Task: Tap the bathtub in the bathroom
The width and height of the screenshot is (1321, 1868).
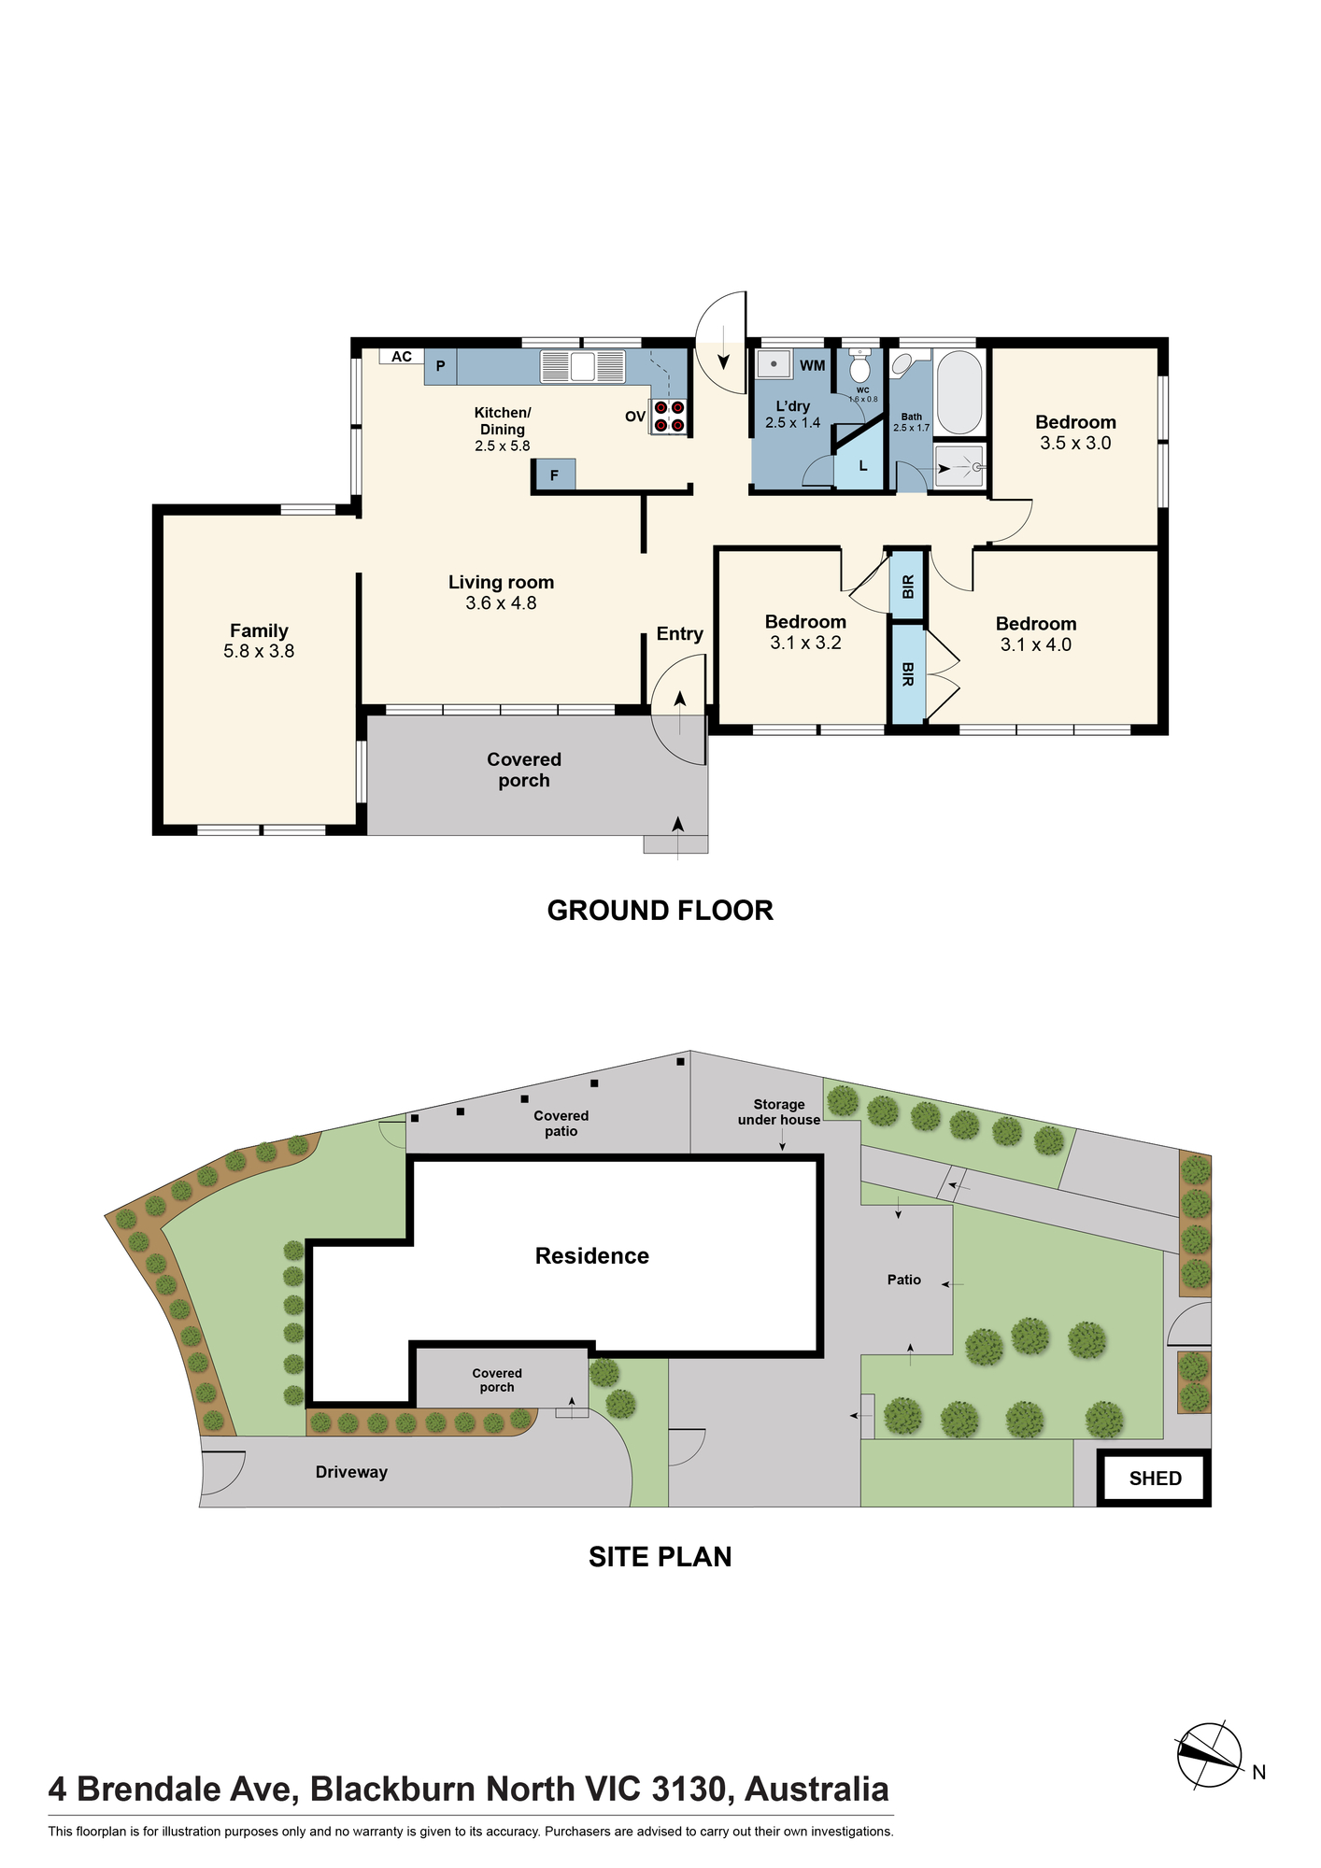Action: point(959,392)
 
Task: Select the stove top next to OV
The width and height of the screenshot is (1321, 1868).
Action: point(669,416)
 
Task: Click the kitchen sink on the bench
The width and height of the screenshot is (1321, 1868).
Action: point(582,366)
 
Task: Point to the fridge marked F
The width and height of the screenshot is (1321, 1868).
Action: point(554,475)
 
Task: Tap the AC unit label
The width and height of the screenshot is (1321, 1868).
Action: point(402,357)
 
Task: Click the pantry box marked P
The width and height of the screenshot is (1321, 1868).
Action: point(441,366)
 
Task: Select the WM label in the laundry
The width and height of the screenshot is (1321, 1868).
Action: point(812,365)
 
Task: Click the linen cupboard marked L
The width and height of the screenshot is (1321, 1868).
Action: point(860,463)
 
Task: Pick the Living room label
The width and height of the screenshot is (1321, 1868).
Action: point(501,582)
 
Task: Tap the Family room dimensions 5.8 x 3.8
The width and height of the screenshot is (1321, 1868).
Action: point(259,651)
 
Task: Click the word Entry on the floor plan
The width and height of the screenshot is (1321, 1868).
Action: point(679,634)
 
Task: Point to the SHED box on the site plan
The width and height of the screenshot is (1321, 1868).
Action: point(1155,1479)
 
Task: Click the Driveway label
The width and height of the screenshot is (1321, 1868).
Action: point(351,1472)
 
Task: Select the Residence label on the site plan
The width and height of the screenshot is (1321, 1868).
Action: point(592,1256)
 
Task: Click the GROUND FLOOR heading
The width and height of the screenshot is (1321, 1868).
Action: point(660,911)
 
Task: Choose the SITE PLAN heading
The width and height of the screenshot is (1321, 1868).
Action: point(660,1557)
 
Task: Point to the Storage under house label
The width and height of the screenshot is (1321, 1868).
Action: point(779,1112)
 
